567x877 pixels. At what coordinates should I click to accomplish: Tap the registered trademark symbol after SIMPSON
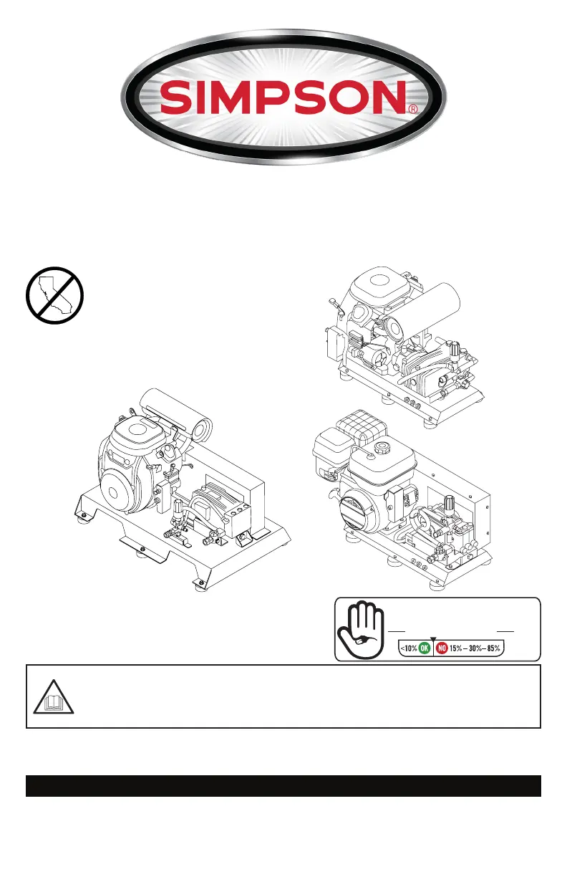pos(413,110)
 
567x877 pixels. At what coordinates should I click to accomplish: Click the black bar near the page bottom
pos(283,785)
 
